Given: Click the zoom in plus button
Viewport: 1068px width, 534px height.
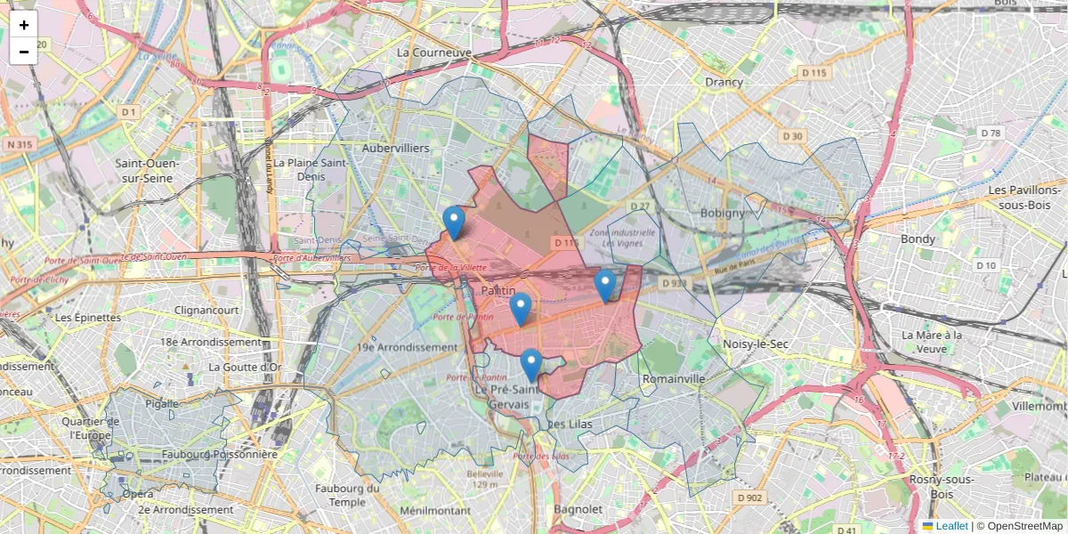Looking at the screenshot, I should (24, 25).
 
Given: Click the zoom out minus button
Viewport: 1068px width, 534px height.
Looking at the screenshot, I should (24, 52).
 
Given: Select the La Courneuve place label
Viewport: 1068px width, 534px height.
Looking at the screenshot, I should (434, 53).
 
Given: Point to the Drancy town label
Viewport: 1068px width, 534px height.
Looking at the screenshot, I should (724, 82).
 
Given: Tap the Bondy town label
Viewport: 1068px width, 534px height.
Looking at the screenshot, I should (918, 239).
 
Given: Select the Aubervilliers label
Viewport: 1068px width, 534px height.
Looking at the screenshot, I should (396, 148).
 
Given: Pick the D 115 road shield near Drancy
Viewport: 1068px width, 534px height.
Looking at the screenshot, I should (813, 72).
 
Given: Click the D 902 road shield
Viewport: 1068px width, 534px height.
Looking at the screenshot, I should (748, 498).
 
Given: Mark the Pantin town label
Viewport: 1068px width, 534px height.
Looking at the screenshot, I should (498, 291).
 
